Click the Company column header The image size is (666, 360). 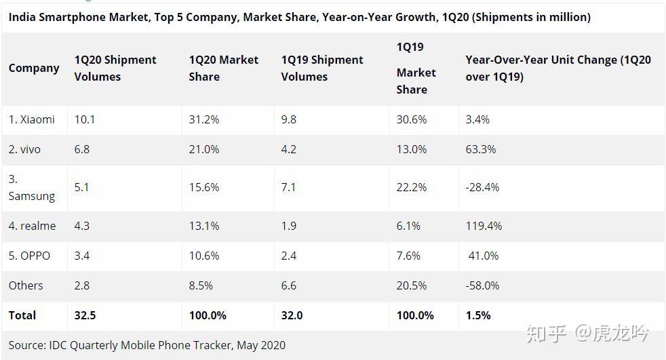[34, 68]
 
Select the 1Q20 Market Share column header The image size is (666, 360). [224, 68]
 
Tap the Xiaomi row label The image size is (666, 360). [32, 119]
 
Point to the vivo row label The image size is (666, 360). [24, 149]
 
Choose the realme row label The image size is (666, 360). [32, 226]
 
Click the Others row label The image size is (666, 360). [26, 285]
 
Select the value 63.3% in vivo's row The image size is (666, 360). [481, 149]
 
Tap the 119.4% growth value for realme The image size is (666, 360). [484, 226]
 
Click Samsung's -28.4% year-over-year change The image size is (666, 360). [482, 187]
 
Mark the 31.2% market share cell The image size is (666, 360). [204, 119]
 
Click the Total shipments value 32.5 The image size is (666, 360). [85, 315]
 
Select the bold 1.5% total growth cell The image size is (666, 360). [477, 315]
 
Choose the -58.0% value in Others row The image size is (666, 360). [482, 285]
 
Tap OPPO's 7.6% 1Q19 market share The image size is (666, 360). [408, 256]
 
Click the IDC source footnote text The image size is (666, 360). [147, 345]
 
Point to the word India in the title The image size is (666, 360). [23, 17]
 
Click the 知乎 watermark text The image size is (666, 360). [547, 333]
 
